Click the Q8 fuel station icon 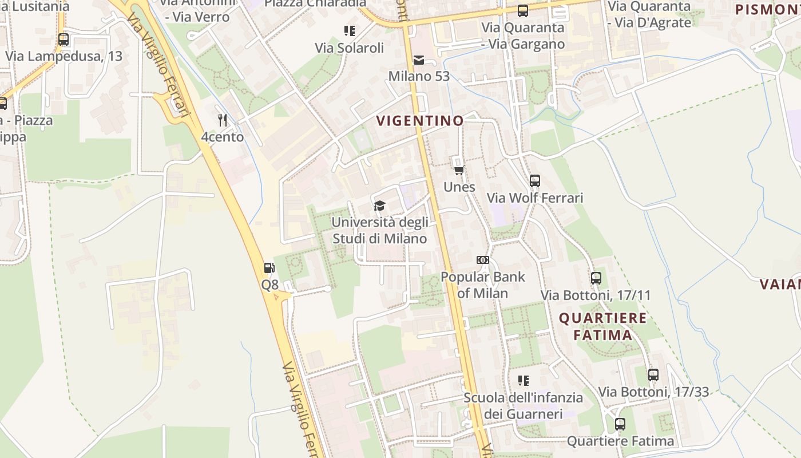[x=269, y=267]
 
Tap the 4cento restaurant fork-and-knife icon [x=223, y=120]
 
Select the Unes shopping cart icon [x=459, y=170]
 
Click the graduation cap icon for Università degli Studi [x=379, y=206]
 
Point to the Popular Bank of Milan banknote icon [x=482, y=260]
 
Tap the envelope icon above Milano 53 [x=419, y=60]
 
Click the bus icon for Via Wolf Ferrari [x=535, y=181]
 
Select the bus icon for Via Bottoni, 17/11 [x=596, y=278]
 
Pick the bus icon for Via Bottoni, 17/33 [x=653, y=375]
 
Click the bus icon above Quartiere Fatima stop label [x=620, y=424]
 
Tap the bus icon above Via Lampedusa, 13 [x=64, y=40]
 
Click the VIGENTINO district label [x=420, y=121]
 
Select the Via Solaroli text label [x=349, y=48]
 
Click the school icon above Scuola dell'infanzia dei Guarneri [x=523, y=381]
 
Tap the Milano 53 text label [x=419, y=76]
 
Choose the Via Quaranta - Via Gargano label [x=523, y=35]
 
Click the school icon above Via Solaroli [x=349, y=31]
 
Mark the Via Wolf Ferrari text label [x=535, y=198]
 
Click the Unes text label [x=459, y=187]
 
